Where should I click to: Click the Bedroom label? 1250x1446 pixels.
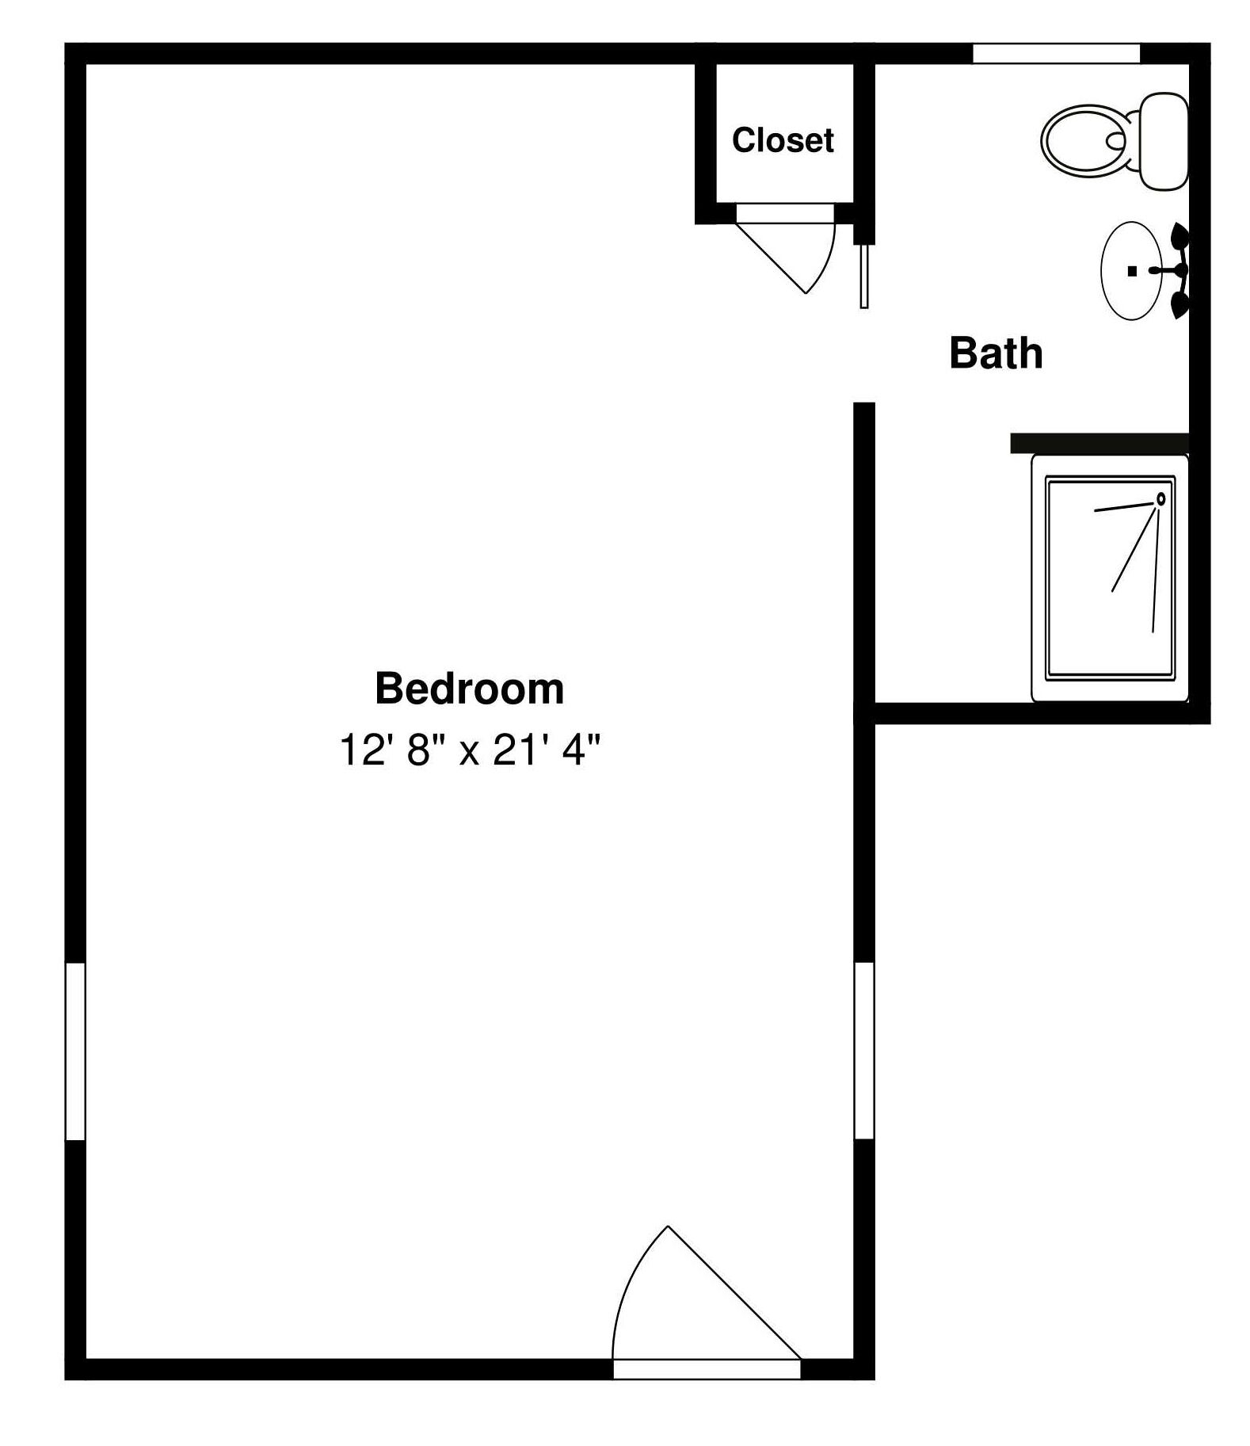point(469,689)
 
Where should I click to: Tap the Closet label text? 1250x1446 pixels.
point(783,140)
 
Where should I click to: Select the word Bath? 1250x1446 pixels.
point(996,353)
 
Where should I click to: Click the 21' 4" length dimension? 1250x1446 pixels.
point(547,750)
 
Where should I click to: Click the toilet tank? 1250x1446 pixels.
point(1163,141)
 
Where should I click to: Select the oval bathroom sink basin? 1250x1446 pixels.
point(1132,270)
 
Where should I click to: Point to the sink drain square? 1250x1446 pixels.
point(1133,271)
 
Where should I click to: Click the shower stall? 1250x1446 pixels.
point(1109,578)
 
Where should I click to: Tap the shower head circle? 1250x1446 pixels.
point(1161,499)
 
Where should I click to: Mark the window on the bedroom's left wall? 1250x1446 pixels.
point(75,1051)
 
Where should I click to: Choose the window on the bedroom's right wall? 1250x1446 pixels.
point(864,1051)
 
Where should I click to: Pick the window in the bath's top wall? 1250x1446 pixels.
point(1056,53)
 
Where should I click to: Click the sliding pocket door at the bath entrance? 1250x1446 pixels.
point(864,275)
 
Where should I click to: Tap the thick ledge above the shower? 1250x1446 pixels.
point(1099,443)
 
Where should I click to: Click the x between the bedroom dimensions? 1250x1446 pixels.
point(470,753)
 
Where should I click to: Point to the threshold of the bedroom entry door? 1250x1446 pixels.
point(707,1369)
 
